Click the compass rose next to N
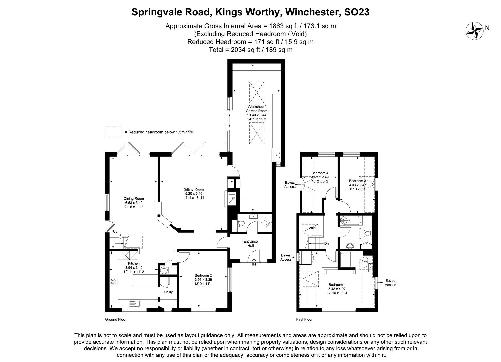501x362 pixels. pos(474,31)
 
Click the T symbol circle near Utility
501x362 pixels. pos(164,270)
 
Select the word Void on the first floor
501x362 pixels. pos(312,228)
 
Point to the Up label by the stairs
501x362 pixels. pos(115,231)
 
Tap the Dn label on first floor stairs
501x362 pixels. pos(326,243)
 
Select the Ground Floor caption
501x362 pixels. pos(116,319)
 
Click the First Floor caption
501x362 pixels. pos(304,319)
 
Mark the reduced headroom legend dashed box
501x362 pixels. pos(114,132)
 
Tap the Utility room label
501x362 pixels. pos(168,292)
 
